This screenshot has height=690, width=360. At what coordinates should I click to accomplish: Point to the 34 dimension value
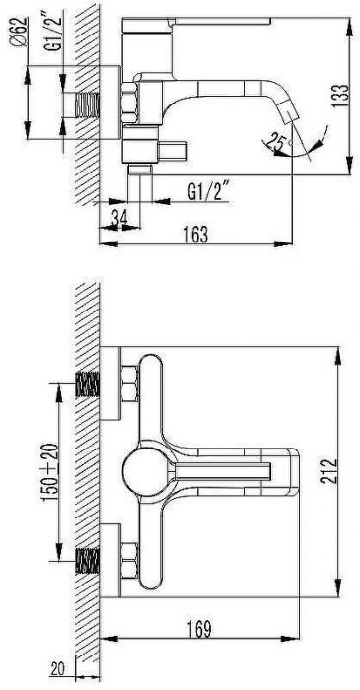point(118,217)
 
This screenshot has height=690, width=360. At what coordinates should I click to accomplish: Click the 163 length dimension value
point(196,234)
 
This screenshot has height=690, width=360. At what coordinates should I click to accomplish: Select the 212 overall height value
point(328,472)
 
